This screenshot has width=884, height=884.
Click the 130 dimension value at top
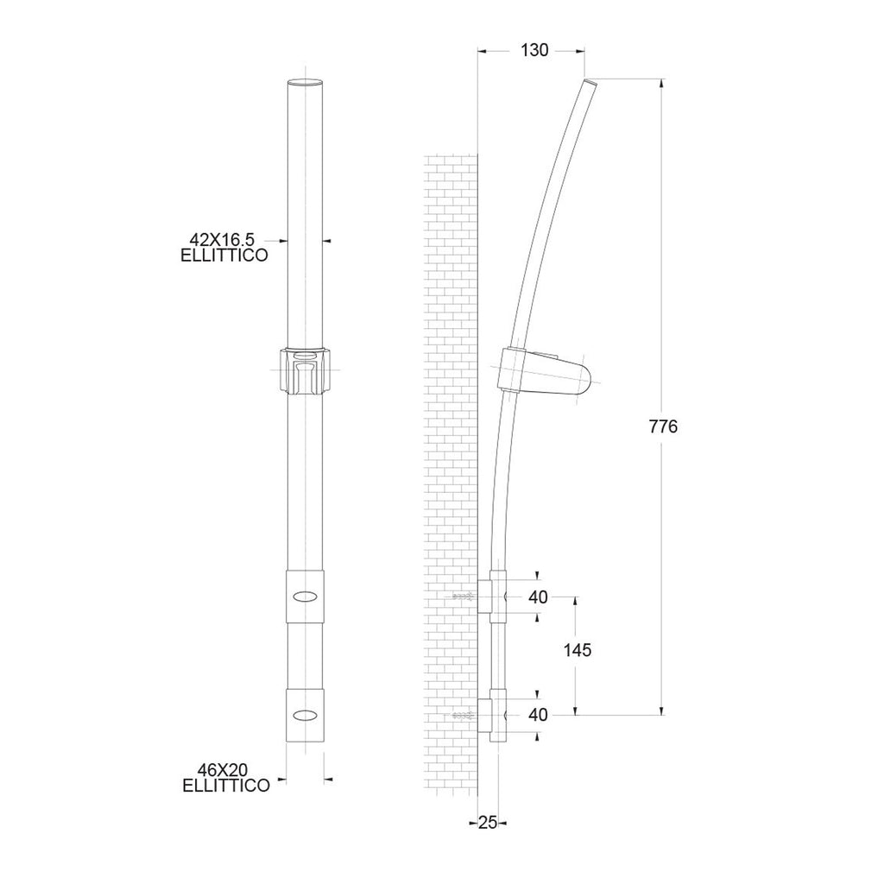tap(534, 51)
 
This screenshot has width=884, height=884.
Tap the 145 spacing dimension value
tap(575, 651)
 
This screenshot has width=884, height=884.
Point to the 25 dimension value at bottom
tap(487, 823)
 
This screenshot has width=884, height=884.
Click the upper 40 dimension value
tap(537, 597)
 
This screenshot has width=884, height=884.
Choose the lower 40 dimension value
tap(537, 715)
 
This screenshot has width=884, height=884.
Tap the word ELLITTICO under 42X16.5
tap(224, 256)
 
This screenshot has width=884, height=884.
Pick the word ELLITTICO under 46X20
tap(225, 785)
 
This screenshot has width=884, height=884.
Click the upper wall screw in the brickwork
tap(464, 597)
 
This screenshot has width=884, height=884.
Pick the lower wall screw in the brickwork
tap(464, 716)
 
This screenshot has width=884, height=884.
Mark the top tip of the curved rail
tap(590, 83)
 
